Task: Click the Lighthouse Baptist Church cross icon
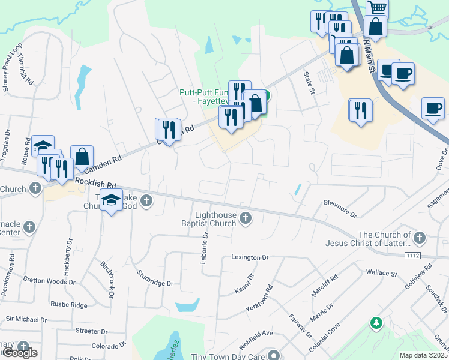tap(245, 218)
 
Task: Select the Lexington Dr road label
tap(250, 257)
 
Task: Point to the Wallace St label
tap(382, 274)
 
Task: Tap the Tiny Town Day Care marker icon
tap(274, 355)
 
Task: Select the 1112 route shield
tap(412, 256)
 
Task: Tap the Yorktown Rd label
tap(259, 298)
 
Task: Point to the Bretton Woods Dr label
tap(49, 281)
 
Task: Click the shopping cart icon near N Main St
tap(377, 8)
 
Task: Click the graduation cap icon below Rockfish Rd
tap(111, 200)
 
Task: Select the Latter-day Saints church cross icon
tap(419, 238)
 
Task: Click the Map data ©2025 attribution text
tap(423, 355)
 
